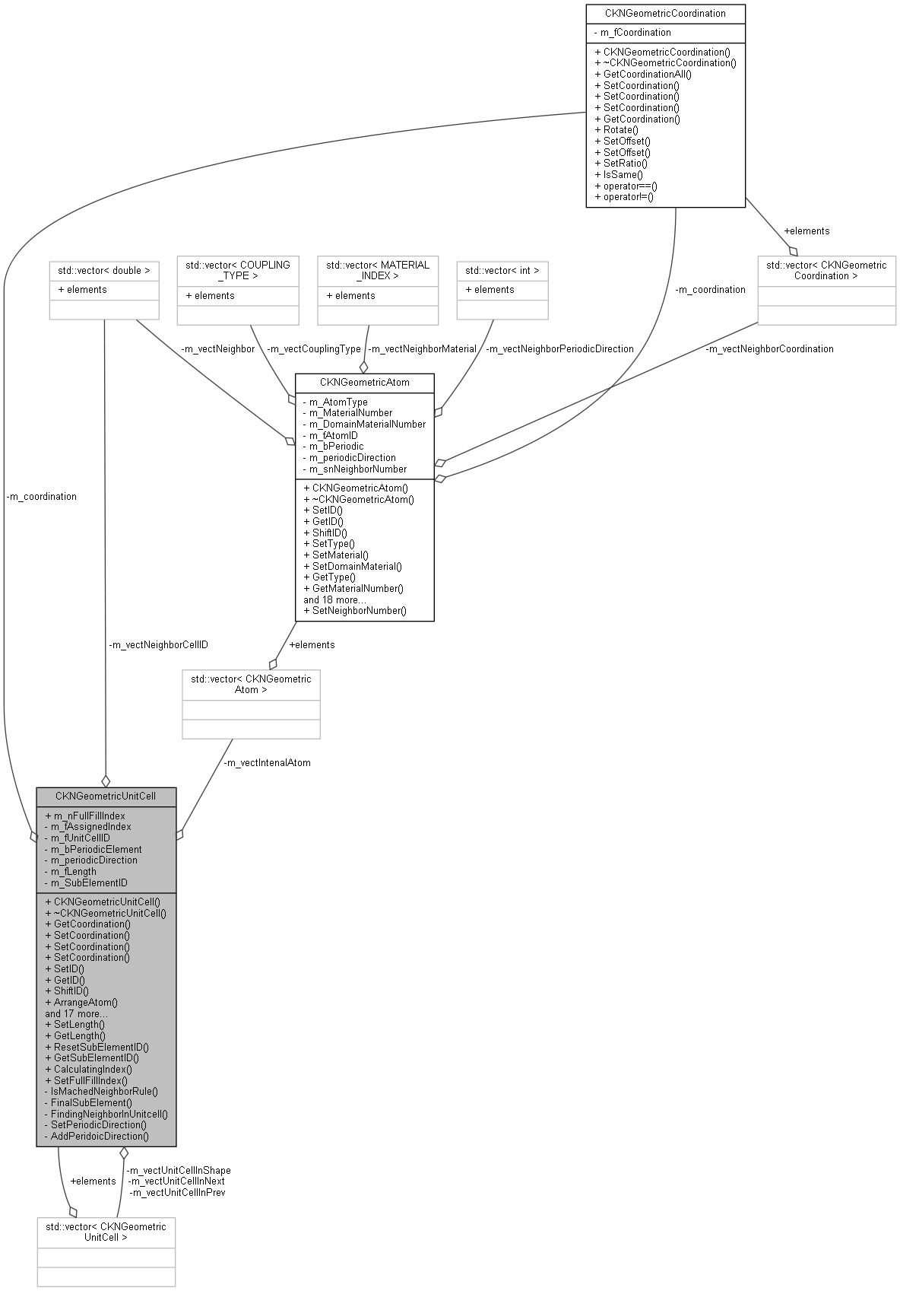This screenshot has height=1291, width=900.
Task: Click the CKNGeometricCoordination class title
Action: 665,13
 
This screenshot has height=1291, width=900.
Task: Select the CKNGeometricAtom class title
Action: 364,382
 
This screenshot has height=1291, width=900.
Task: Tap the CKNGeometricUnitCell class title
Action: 106,796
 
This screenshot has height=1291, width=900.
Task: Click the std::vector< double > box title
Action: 103,270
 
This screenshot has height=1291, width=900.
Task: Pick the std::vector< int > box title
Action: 502,270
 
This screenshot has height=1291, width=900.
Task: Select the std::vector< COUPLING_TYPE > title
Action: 238,270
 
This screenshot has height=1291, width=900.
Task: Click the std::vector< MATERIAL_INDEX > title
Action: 378,270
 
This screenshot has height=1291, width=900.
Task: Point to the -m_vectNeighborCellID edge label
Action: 158,644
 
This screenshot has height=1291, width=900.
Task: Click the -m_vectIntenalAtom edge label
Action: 267,762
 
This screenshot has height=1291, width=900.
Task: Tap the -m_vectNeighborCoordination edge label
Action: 768,348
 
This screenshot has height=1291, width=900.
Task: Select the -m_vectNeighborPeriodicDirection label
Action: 559,348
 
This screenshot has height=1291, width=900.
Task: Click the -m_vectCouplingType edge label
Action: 314,348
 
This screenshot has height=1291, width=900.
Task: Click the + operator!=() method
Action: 624,196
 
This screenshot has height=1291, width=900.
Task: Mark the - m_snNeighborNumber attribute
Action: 354,469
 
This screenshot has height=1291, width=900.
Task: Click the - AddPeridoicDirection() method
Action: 97,1136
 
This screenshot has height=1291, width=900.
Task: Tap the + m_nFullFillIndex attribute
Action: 85,816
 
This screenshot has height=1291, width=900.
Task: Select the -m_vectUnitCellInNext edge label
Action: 177,1181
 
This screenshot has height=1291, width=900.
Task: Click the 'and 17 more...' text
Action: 76,1013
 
